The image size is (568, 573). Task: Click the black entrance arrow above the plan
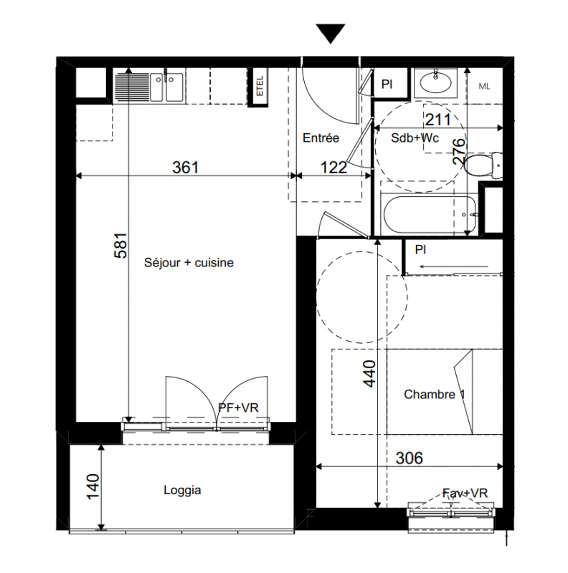point(331,34)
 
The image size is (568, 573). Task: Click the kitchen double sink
point(167,87)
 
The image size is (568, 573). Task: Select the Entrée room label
point(321,138)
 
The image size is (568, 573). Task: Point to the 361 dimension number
point(186,168)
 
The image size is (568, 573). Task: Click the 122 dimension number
point(333,168)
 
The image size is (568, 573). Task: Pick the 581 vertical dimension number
point(120,246)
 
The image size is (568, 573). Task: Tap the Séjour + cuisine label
point(189,262)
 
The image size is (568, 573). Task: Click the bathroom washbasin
point(435,82)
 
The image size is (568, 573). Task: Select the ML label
point(484,86)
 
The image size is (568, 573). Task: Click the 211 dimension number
point(437,120)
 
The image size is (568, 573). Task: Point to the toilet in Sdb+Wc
point(483,166)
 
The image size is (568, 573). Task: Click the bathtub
point(430,214)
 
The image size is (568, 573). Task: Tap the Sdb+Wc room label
point(415,138)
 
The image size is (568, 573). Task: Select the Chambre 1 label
point(435,395)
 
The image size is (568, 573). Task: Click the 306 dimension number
point(410,458)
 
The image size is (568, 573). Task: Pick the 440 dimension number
point(369,373)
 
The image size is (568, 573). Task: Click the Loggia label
point(182,491)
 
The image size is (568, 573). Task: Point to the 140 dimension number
point(93,487)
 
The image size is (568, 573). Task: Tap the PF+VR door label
point(238,408)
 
